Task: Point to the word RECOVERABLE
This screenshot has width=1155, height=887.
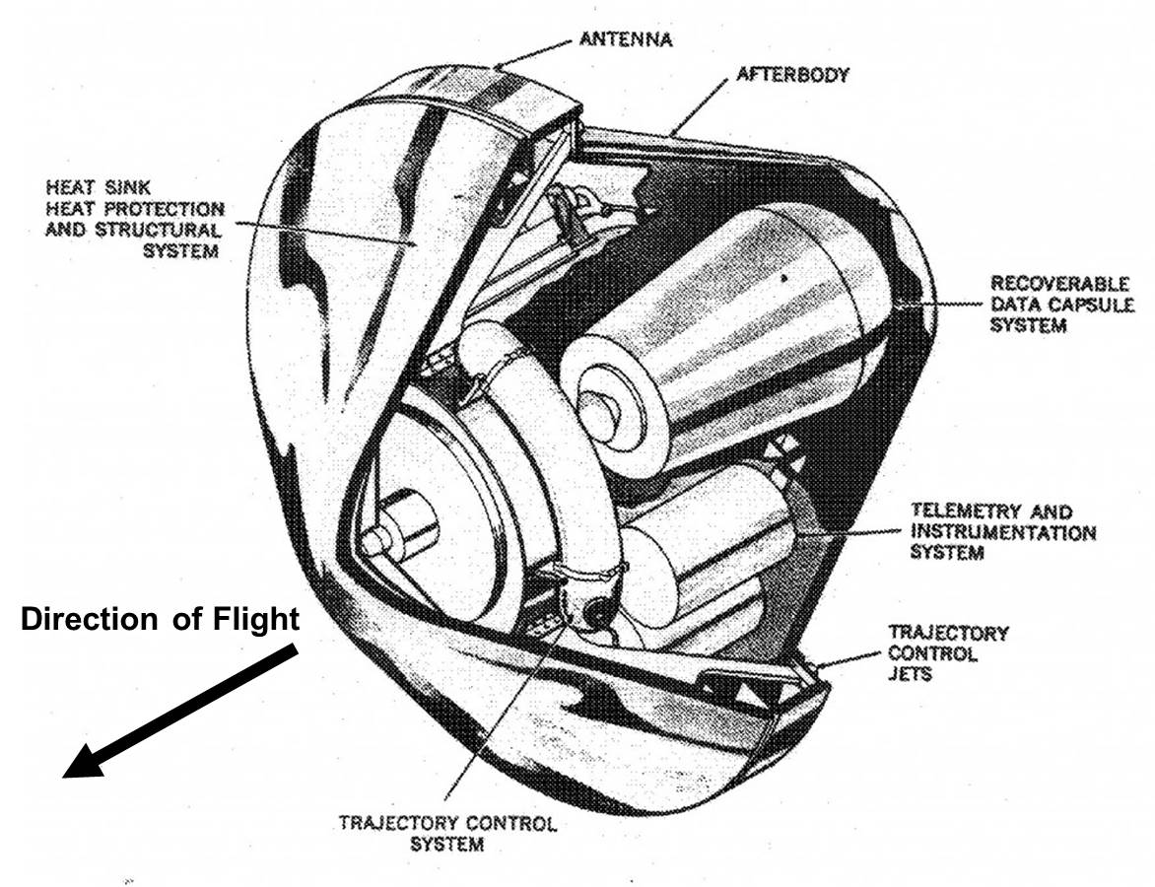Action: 1059,284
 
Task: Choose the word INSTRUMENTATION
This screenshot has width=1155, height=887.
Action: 1002,532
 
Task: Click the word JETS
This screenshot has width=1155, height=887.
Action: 911,676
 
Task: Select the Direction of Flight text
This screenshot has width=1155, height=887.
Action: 159,619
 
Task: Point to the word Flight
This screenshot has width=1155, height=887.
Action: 254,619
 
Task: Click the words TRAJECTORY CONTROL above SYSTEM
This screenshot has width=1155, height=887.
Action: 447,823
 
